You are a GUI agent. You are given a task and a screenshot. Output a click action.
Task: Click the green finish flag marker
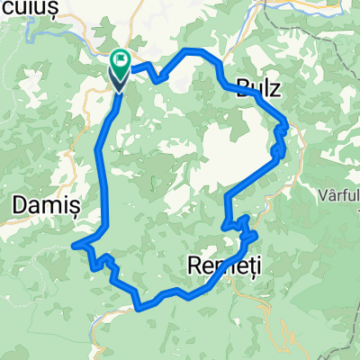(121, 60)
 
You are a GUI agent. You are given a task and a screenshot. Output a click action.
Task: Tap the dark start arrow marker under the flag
(120, 81)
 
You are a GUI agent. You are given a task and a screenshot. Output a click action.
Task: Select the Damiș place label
(45, 206)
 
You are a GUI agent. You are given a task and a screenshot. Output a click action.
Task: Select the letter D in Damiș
(17, 206)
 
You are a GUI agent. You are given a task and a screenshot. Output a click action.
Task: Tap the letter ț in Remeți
(237, 267)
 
